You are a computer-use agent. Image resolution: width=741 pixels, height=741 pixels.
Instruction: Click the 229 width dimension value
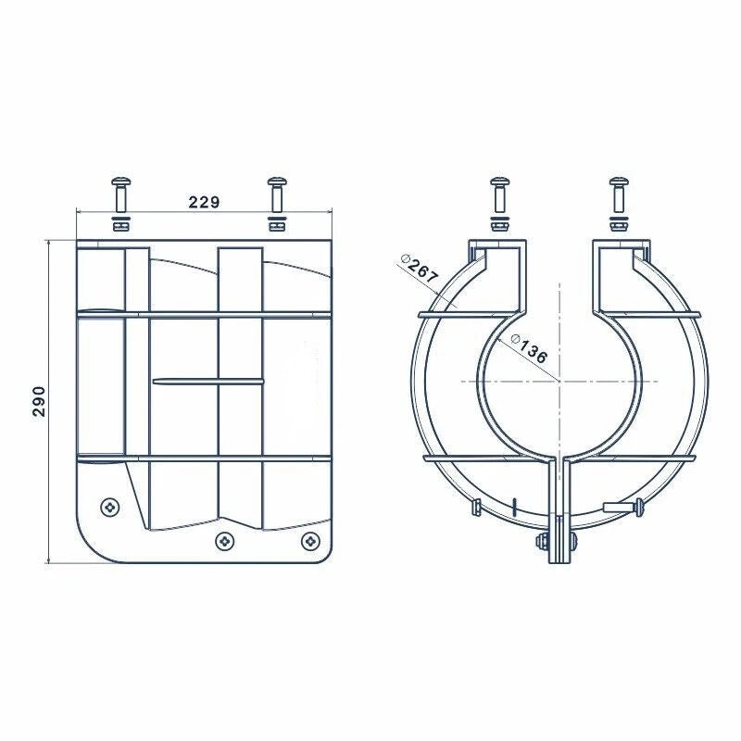[203, 202]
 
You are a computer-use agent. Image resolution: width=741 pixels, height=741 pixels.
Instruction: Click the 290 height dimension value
[39, 400]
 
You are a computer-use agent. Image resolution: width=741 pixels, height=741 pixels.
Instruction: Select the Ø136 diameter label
[528, 349]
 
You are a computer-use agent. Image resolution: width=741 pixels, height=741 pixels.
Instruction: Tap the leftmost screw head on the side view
[111, 507]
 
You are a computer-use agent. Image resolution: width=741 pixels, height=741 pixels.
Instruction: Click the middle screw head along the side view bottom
[224, 539]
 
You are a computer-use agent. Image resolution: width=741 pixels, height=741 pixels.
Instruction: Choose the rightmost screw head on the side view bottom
[310, 539]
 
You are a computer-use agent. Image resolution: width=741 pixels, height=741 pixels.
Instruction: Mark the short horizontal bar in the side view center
[207, 380]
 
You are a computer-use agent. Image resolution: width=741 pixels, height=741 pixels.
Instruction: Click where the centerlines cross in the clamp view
[559, 382]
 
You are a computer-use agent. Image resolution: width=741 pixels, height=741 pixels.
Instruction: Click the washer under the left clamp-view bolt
[499, 224]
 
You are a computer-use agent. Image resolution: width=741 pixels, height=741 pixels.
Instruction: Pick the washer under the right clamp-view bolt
[619, 224]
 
